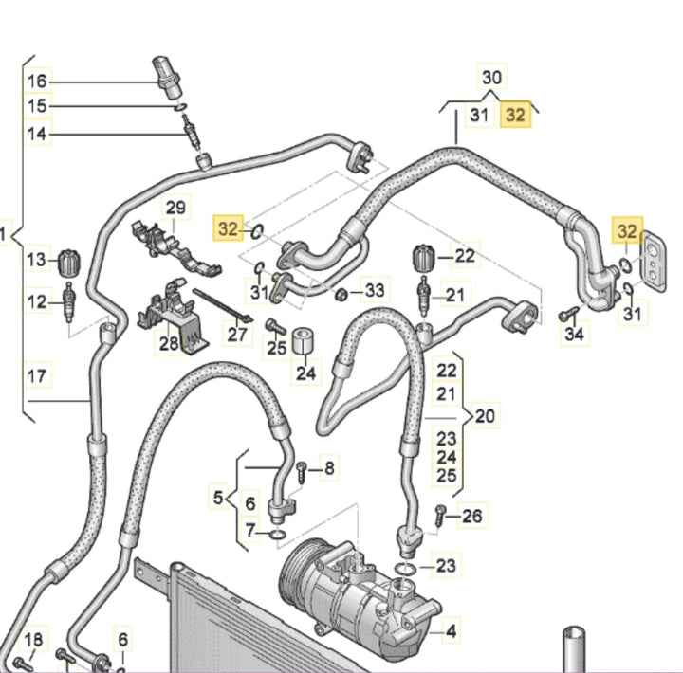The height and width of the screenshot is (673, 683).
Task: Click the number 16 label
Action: click(x=36, y=81)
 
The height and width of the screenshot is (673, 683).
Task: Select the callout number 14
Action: click(x=36, y=134)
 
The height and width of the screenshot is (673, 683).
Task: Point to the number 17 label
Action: click(x=36, y=376)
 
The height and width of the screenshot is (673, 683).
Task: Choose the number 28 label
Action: click(x=169, y=343)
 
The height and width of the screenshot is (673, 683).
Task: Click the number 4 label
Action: click(x=452, y=629)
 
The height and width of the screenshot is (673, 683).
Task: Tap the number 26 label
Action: click(x=471, y=516)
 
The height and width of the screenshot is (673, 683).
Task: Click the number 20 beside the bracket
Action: click(x=485, y=414)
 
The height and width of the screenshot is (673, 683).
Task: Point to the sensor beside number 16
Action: click(x=164, y=75)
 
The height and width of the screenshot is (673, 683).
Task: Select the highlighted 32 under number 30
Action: click(x=515, y=115)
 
